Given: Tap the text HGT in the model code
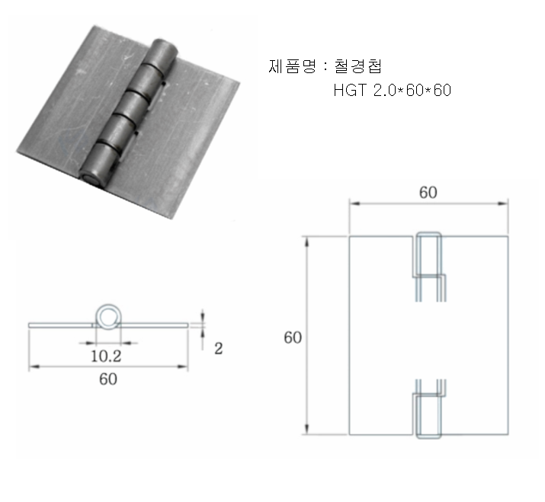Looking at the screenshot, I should click(349, 91).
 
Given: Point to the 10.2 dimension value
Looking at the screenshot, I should click(107, 354).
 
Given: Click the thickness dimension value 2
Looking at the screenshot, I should click(219, 349).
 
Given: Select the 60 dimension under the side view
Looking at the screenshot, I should click(107, 379).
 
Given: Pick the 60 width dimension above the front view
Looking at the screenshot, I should click(428, 193).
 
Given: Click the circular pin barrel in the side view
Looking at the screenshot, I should click(107, 318).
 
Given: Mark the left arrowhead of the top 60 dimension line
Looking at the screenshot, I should click(352, 203).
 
